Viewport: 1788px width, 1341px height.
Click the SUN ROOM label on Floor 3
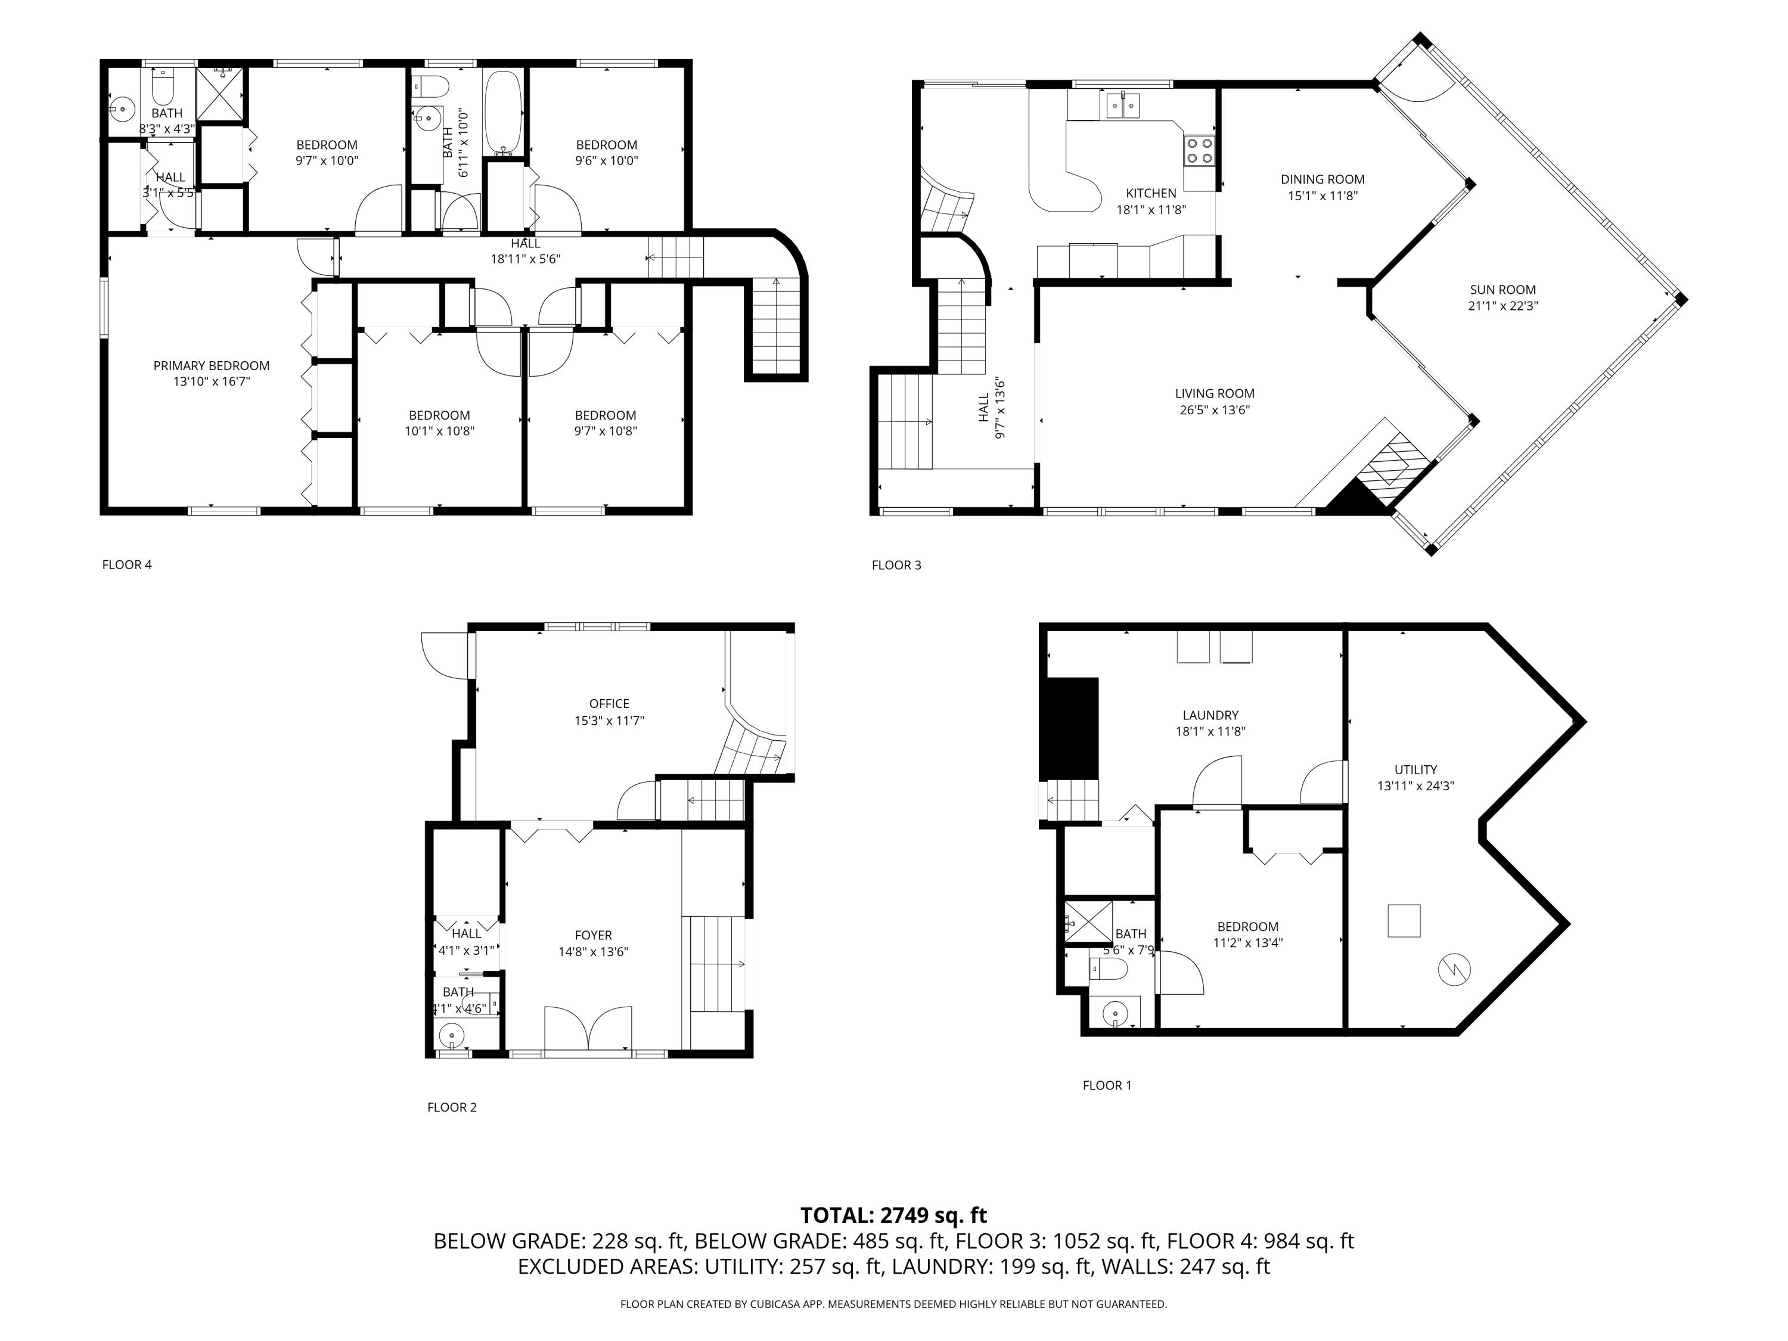(x=1502, y=290)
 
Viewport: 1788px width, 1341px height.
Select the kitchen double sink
(x=1123, y=104)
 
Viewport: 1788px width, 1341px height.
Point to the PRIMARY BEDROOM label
(x=212, y=365)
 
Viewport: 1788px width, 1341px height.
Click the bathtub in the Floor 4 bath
(x=504, y=113)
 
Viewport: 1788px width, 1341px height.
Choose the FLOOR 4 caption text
(x=127, y=564)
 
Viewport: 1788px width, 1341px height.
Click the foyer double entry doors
(x=588, y=1029)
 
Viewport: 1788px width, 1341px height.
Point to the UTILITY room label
(x=1415, y=769)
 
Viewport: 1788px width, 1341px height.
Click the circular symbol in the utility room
(x=1454, y=968)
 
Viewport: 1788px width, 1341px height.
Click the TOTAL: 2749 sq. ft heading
(x=893, y=1215)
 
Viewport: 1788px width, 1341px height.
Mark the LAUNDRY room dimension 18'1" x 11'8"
(x=1210, y=731)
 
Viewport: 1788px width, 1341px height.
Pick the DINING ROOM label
(x=1323, y=179)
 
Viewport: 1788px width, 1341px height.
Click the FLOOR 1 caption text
(x=1107, y=1085)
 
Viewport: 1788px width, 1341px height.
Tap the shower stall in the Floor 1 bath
(x=1088, y=921)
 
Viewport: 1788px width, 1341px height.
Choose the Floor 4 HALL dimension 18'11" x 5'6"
(x=526, y=259)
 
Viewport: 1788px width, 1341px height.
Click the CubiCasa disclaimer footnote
(x=893, y=1304)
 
